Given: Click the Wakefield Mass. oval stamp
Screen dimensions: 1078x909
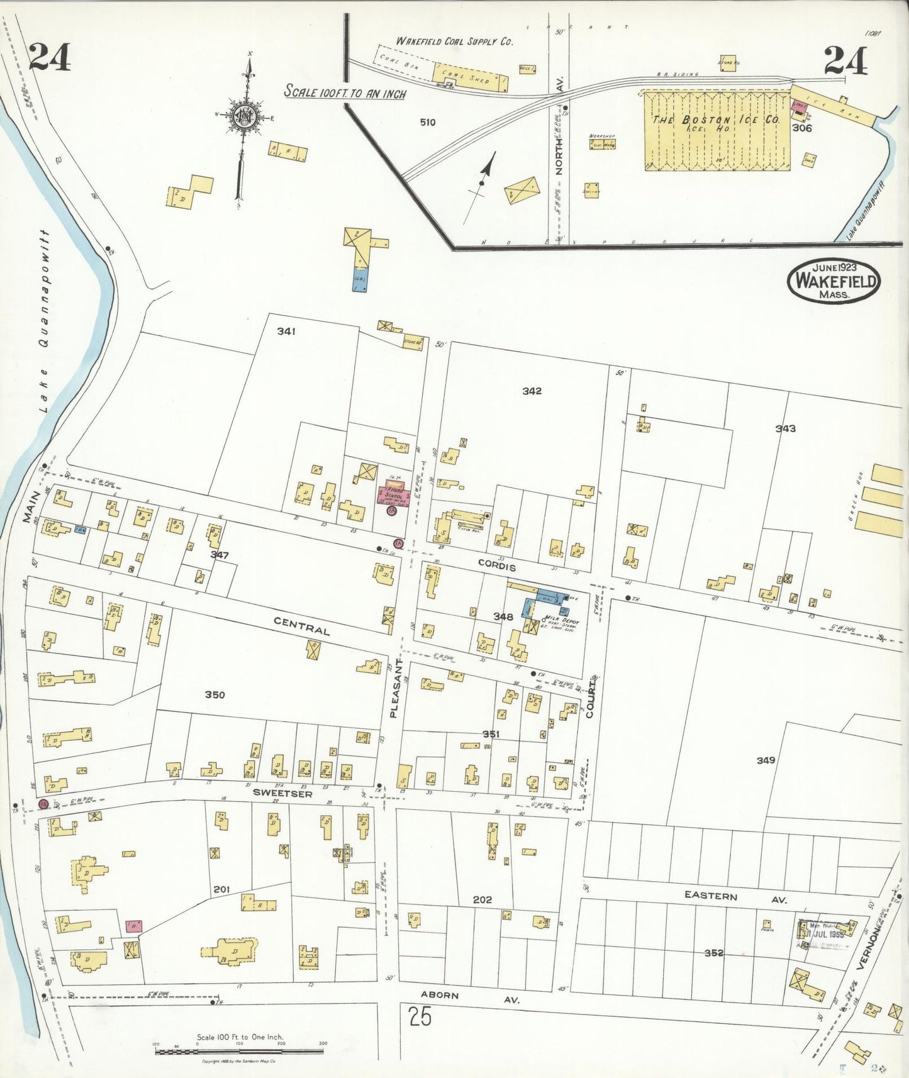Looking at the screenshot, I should click(x=834, y=281).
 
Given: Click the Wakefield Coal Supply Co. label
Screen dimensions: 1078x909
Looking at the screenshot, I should click(x=454, y=41).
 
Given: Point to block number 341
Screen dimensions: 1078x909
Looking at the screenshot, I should click(x=286, y=331).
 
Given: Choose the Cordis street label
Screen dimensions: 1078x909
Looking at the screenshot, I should click(x=497, y=567).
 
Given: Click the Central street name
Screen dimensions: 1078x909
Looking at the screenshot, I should click(x=301, y=626).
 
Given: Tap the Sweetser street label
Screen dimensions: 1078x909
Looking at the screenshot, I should click(x=282, y=794).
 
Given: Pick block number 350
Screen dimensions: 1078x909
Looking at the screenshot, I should click(x=215, y=694).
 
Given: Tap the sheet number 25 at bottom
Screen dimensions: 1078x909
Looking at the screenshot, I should click(x=419, y=1016).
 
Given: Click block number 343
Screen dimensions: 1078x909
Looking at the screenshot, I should click(x=785, y=428).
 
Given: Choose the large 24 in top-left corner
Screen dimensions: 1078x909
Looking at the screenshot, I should click(x=49, y=57).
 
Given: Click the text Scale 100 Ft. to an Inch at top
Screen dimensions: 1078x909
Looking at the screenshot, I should click(x=345, y=92).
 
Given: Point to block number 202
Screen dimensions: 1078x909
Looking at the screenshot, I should click(x=482, y=900).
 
